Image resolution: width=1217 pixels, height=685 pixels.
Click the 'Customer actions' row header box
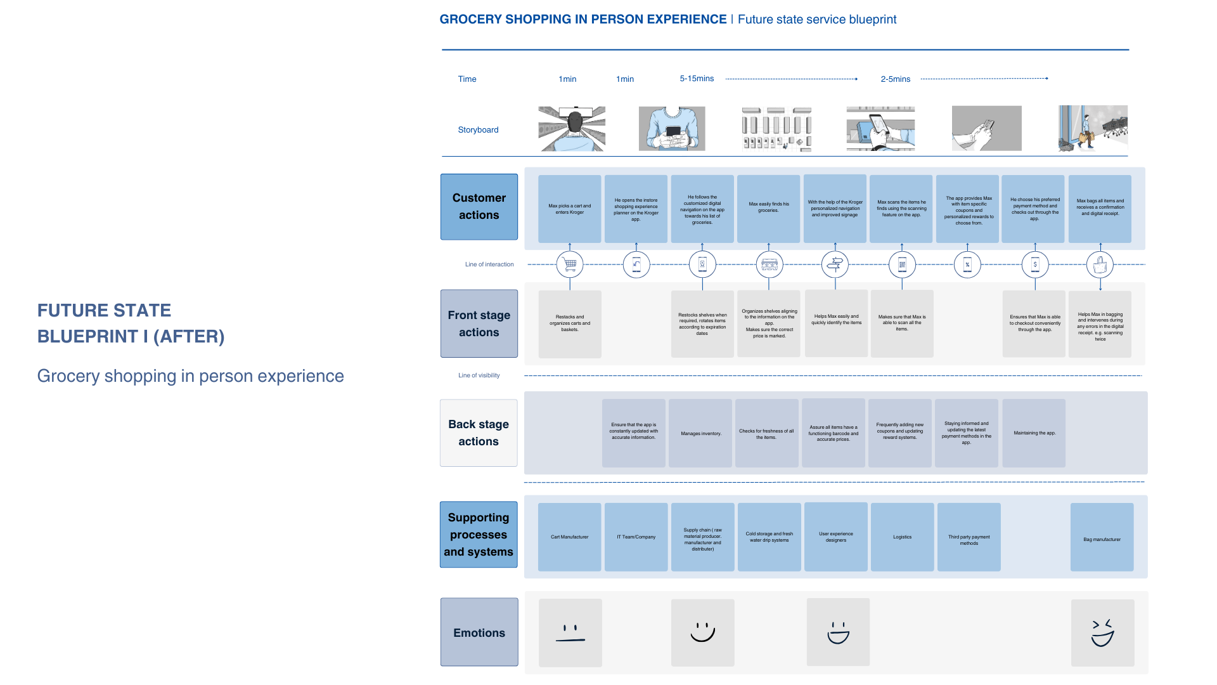pyautogui.click(x=479, y=207)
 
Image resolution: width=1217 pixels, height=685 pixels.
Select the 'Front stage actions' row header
pyautogui.click(x=479, y=323)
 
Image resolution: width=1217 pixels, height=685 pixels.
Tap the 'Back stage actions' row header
pyautogui.click(x=479, y=433)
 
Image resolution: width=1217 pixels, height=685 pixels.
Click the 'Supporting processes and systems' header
pyautogui.click(x=479, y=535)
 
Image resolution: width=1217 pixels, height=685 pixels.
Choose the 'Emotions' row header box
pyautogui.click(x=479, y=632)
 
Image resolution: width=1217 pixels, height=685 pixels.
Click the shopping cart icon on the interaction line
pyautogui.click(x=570, y=264)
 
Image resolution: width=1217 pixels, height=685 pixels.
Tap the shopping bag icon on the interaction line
pyautogui.click(x=1100, y=264)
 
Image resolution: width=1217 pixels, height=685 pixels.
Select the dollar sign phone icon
pyautogui.click(x=1035, y=264)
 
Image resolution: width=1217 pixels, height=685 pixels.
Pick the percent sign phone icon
pyautogui.click(x=967, y=264)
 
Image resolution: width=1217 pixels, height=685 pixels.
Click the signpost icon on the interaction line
pyautogui.click(x=835, y=264)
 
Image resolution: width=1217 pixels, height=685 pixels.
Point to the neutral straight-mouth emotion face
pyautogui.click(x=570, y=633)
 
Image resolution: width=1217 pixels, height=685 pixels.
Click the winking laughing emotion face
pyautogui.click(x=1103, y=633)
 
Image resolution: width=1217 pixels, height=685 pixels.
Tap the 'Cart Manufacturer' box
pyautogui.click(x=570, y=537)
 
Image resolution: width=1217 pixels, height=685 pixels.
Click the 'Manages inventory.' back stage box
pyautogui.click(x=700, y=433)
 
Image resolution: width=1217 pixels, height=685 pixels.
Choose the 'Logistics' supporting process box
pyautogui.click(x=903, y=537)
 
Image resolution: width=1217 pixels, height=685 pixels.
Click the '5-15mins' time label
pyautogui.click(x=697, y=79)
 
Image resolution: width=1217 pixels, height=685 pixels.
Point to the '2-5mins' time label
pyautogui.click(x=895, y=79)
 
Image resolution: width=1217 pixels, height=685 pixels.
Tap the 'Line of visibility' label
pyautogui.click(x=479, y=375)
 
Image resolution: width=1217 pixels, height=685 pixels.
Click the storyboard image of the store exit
pyautogui.click(x=1093, y=128)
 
